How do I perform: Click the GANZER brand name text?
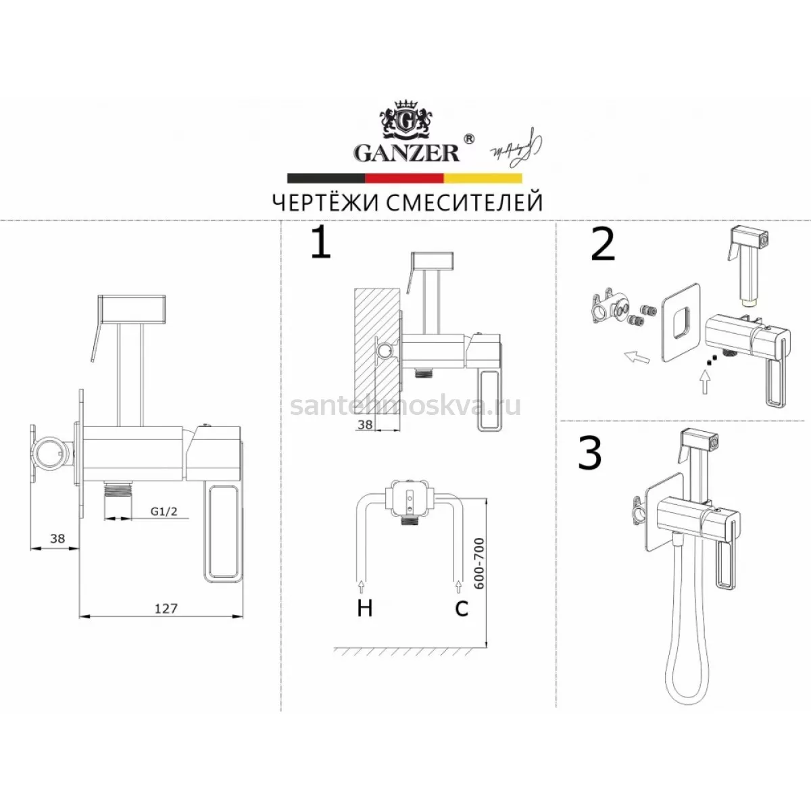407,153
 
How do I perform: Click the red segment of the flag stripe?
404,178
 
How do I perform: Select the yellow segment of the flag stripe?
483,178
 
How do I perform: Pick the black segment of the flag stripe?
326,178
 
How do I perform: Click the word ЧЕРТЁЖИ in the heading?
326,203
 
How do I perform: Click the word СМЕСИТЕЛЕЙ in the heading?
464,203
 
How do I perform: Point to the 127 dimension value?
166,608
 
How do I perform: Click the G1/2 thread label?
164,512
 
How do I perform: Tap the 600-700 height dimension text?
479,564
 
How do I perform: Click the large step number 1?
321,244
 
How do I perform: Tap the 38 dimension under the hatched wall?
364,424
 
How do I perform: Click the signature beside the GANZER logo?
516,149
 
